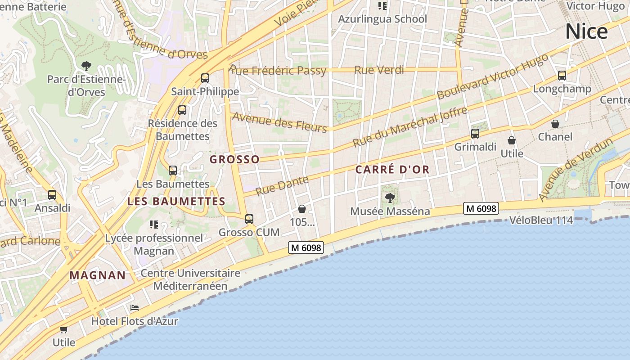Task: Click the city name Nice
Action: pos(586,31)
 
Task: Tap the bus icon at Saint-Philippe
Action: pos(205,78)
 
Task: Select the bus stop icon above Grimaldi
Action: pos(475,133)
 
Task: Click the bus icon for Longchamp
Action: pos(562,76)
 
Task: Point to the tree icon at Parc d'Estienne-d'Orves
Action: pos(86,66)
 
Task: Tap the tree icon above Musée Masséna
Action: pos(390,198)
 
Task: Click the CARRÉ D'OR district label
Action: pos(392,170)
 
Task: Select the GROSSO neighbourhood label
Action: pos(234,159)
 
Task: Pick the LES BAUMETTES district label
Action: pos(176,201)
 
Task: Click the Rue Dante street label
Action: pos(282,185)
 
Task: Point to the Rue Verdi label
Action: pos(379,70)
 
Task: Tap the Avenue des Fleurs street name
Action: pos(279,122)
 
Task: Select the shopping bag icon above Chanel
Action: pos(555,124)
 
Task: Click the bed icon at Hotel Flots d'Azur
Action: pos(134,308)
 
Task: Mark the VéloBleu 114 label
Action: pos(541,220)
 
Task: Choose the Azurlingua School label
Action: pos(382,19)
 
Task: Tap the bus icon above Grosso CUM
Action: pos(249,219)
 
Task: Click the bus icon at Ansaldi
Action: pos(52,195)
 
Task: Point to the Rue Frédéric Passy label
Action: pos(278,71)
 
